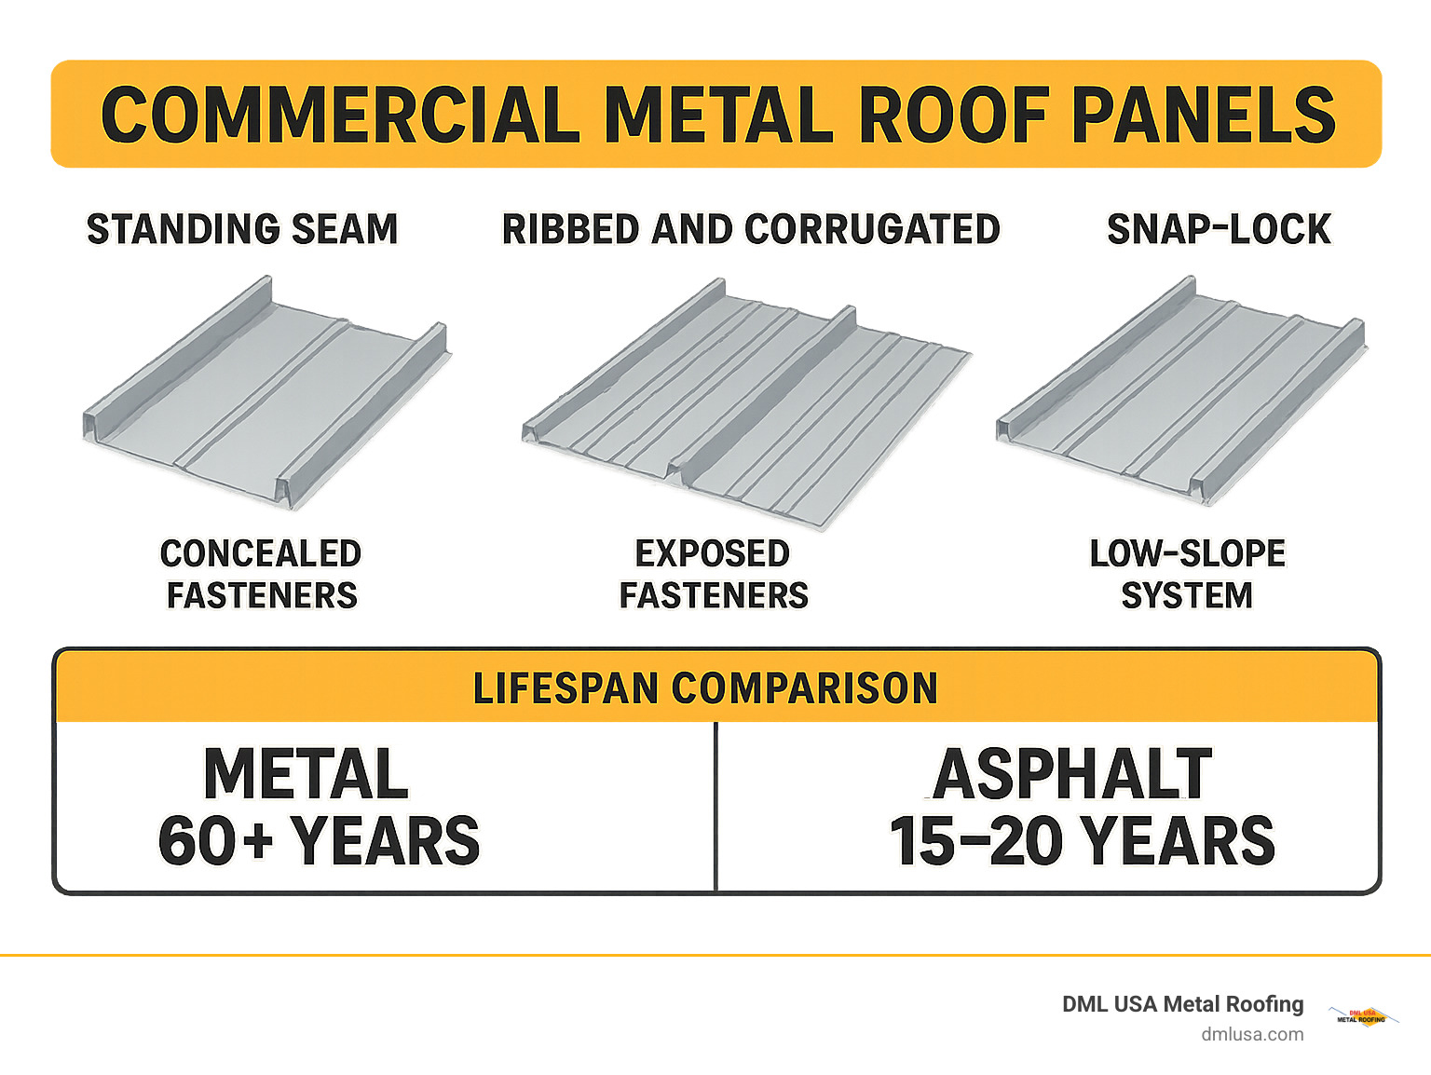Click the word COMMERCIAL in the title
tap(340, 115)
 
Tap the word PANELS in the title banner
tap(1204, 115)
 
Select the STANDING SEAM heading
tap(242, 229)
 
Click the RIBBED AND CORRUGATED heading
tap(751, 229)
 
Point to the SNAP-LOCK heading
tap(1219, 229)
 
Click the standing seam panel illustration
tap(266, 391)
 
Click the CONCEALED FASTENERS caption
tap(261, 574)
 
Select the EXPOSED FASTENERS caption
tap(714, 574)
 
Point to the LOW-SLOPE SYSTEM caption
tap(1187, 574)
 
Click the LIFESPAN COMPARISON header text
tap(705, 688)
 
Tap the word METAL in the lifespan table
tap(306, 774)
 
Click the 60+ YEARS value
tap(319, 840)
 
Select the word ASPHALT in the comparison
tap(1072, 774)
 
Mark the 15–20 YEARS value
tap(1082, 840)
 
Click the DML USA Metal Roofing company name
tap(1182, 1004)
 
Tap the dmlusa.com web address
tap(1252, 1034)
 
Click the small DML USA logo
tap(1362, 1016)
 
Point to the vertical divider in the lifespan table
tap(715, 806)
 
